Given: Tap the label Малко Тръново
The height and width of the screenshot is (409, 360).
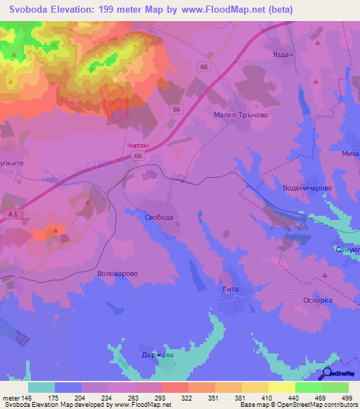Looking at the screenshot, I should (x=241, y=115).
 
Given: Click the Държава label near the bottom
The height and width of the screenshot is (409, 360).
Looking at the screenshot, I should (x=156, y=355).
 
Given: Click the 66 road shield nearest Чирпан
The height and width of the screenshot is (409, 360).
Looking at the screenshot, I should (x=139, y=156).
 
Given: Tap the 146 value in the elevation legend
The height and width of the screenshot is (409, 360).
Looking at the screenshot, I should (x=27, y=397).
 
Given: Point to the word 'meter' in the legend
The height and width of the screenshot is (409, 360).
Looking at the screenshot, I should (x=10, y=397).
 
